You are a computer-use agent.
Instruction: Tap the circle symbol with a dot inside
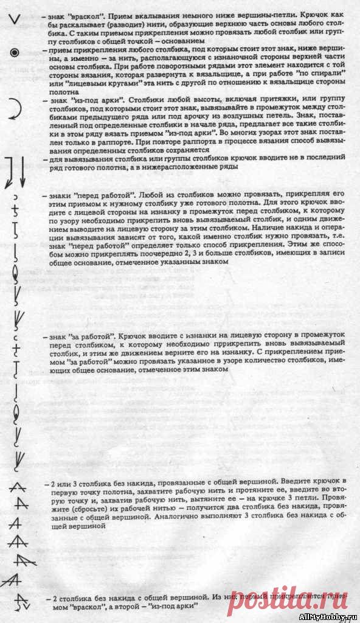point(15,53)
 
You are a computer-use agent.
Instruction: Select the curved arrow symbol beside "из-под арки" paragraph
point(15,109)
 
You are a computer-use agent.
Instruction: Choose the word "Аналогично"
point(182,520)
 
